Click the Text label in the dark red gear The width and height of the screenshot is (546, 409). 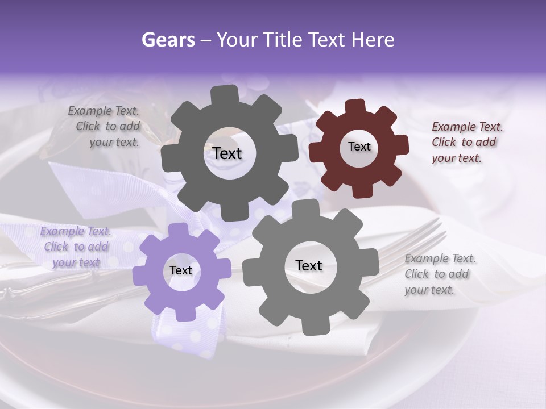click(359, 147)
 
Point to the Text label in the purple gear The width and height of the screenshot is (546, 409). click(181, 270)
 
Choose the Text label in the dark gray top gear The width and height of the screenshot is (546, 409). click(227, 153)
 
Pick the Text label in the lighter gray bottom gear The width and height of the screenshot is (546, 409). click(309, 265)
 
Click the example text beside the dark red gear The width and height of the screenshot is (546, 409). click(466, 142)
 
